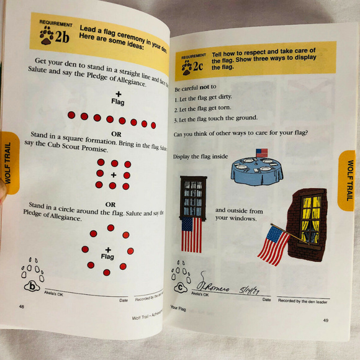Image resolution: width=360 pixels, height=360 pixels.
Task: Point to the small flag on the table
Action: [x=261, y=153]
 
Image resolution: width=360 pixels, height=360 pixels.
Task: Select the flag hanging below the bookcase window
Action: [x=191, y=234]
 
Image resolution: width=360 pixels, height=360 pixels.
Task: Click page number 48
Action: [x=22, y=307]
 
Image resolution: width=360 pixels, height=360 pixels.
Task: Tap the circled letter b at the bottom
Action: [x=32, y=286]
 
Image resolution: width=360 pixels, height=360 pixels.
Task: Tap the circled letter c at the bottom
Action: [x=180, y=287]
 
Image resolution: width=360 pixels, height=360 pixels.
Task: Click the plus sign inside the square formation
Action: [x=113, y=175]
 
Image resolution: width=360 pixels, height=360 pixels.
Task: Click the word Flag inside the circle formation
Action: [x=108, y=256]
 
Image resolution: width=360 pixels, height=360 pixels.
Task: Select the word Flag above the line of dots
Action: [x=118, y=101]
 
